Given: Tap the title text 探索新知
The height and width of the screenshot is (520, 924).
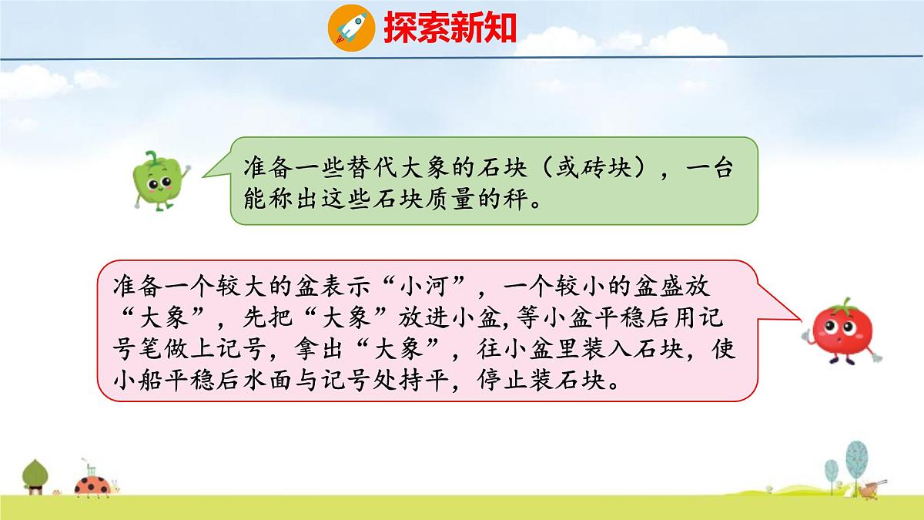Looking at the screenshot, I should [449, 28].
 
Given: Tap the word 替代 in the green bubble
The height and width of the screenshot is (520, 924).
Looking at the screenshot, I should [374, 169].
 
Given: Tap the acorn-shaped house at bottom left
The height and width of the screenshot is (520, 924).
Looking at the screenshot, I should [35, 476].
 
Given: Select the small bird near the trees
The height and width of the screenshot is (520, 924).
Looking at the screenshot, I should [871, 488].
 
